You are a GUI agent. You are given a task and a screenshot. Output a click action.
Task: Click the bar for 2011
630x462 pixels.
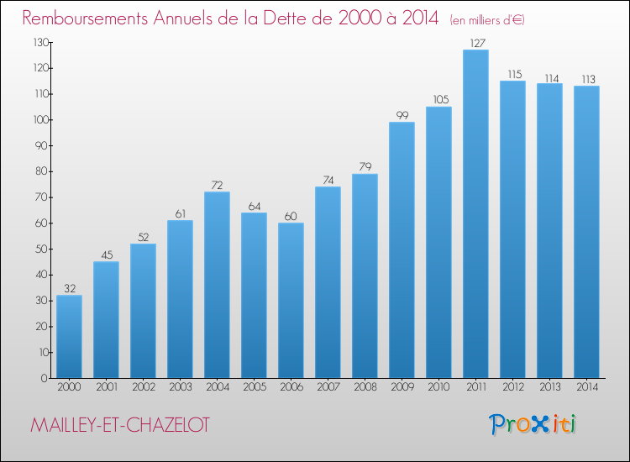pos(475,213)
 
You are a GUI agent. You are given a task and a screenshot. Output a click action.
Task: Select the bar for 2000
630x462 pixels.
pos(69,337)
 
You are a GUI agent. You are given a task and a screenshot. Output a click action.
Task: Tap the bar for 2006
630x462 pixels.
pos(291,301)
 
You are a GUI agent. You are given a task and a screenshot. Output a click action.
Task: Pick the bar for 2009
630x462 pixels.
pos(402,249)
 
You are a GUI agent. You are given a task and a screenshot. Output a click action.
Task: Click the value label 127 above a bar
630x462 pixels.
pos(477,43)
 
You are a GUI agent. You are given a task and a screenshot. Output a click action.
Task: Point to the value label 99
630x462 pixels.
pos(402,115)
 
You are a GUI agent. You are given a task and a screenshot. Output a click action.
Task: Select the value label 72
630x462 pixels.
pos(217,185)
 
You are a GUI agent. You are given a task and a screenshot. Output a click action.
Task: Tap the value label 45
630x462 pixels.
pos(107,255)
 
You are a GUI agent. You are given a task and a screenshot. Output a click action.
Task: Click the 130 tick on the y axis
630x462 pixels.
pos(41,43)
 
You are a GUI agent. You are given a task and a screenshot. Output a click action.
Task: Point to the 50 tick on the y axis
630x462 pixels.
pos(42,249)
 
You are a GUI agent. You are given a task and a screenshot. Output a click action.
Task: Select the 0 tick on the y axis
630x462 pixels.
pos(45,379)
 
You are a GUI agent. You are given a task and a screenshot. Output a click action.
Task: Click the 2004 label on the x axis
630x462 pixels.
pos(218,387)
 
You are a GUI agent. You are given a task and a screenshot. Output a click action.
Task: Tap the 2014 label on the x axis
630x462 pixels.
pos(587,387)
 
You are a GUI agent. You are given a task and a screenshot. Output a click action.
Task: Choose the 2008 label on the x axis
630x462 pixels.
pos(365,387)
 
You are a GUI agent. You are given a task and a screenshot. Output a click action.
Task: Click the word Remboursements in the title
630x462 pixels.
pos(85,18)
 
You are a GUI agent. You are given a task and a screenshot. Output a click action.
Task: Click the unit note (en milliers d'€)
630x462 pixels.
pos(487,20)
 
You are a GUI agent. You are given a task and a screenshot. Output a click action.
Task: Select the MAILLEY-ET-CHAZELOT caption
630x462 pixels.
pos(120,425)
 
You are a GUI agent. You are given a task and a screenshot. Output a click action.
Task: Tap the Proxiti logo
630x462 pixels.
pos(533,424)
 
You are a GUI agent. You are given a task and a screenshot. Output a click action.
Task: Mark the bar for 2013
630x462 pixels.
pos(549,231)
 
